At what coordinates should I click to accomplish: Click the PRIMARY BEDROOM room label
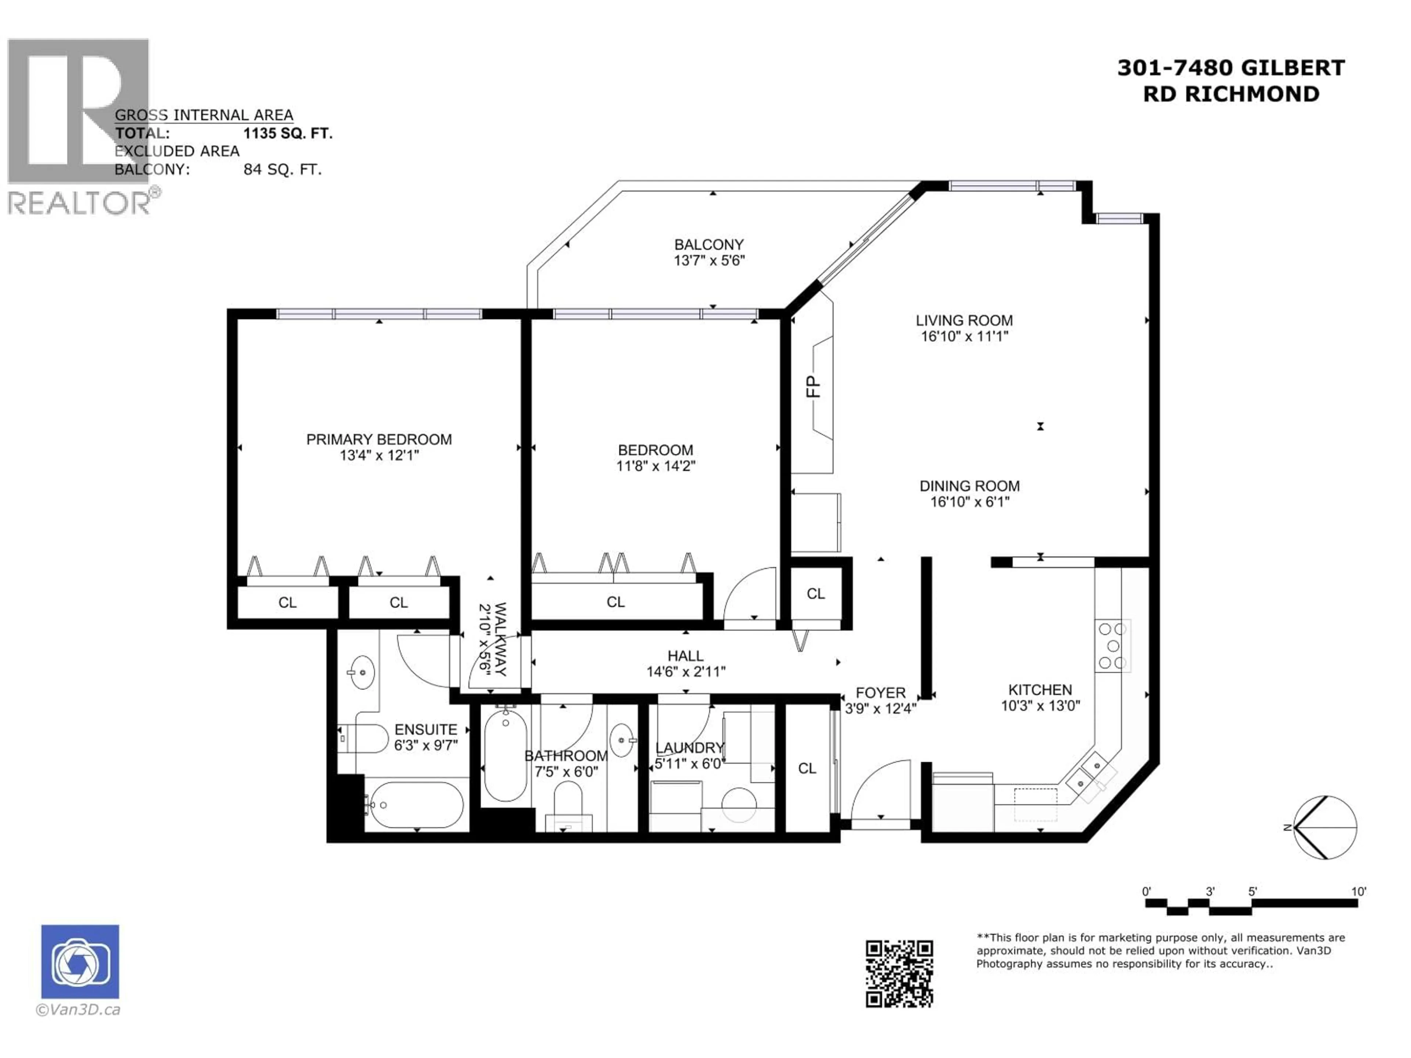pos(379,439)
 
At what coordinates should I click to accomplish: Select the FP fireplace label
pos(813,386)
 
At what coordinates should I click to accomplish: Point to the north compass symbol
pos(1325,827)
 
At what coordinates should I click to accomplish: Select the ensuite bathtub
pos(417,805)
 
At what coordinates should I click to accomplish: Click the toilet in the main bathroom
pos(568,805)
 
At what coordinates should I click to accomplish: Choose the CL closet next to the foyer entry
pos(807,769)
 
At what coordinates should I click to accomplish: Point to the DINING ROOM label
pos(969,486)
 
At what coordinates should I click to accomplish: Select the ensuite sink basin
pos(362,672)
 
